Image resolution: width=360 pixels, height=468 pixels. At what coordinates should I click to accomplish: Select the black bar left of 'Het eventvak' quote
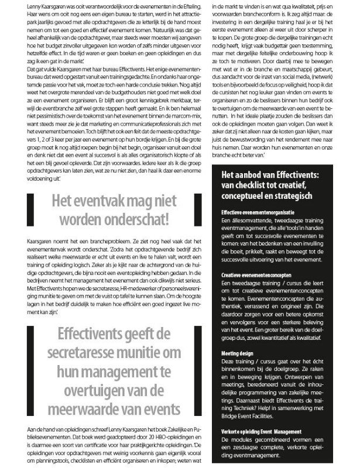[x=30, y=211]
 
